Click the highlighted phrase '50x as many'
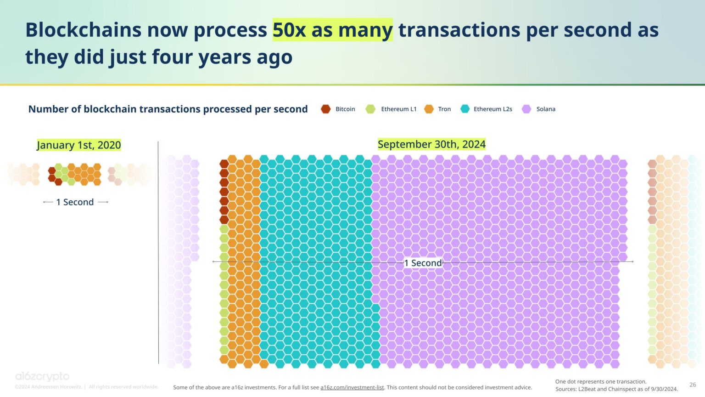coord(332,30)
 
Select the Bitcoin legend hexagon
coord(325,109)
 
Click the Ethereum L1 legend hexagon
coord(370,109)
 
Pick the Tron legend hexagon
coord(429,109)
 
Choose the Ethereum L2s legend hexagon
coord(465,109)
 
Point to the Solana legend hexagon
coord(526,109)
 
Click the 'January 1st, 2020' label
coord(79,145)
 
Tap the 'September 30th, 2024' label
coord(431,144)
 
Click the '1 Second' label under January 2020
coord(75,202)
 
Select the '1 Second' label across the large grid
coord(423,263)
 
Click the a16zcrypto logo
coord(42,377)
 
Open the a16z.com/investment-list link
coord(352,387)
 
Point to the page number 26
coord(693,385)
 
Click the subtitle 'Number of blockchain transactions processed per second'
coord(168,109)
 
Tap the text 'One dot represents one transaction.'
coord(601,381)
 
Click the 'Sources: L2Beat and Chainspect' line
coord(616,389)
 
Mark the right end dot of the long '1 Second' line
coord(632,261)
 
